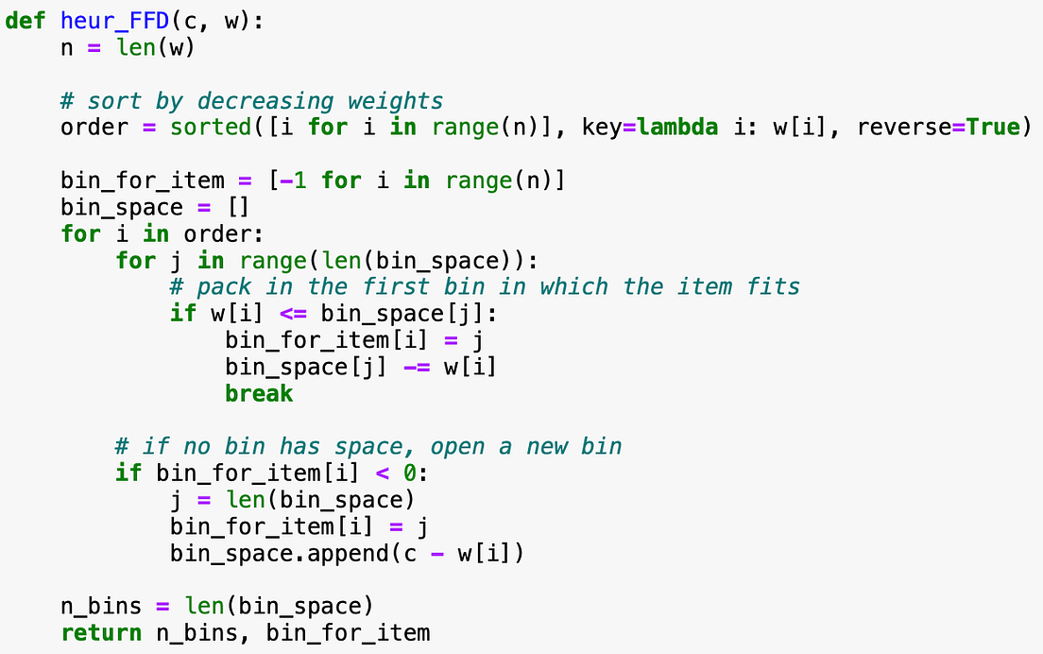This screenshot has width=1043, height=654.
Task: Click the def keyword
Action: (x=26, y=21)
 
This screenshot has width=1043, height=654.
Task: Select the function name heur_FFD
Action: (x=115, y=22)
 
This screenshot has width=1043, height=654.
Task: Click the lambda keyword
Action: (x=677, y=127)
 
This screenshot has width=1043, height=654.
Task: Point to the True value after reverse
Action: (x=992, y=127)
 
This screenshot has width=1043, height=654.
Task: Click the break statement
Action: (x=259, y=393)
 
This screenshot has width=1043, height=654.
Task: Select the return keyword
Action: (x=101, y=633)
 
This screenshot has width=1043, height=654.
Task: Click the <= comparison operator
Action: (x=293, y=314)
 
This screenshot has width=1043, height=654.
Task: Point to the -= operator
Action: (x=417, y=368)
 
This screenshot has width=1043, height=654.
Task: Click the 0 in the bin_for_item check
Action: (x=410, y=473)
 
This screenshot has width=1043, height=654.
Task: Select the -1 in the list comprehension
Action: (x=293, y=181)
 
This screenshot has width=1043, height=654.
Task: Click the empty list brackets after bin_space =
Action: (x=239, y=208)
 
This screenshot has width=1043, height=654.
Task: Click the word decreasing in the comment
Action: (x=265, y=102)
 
